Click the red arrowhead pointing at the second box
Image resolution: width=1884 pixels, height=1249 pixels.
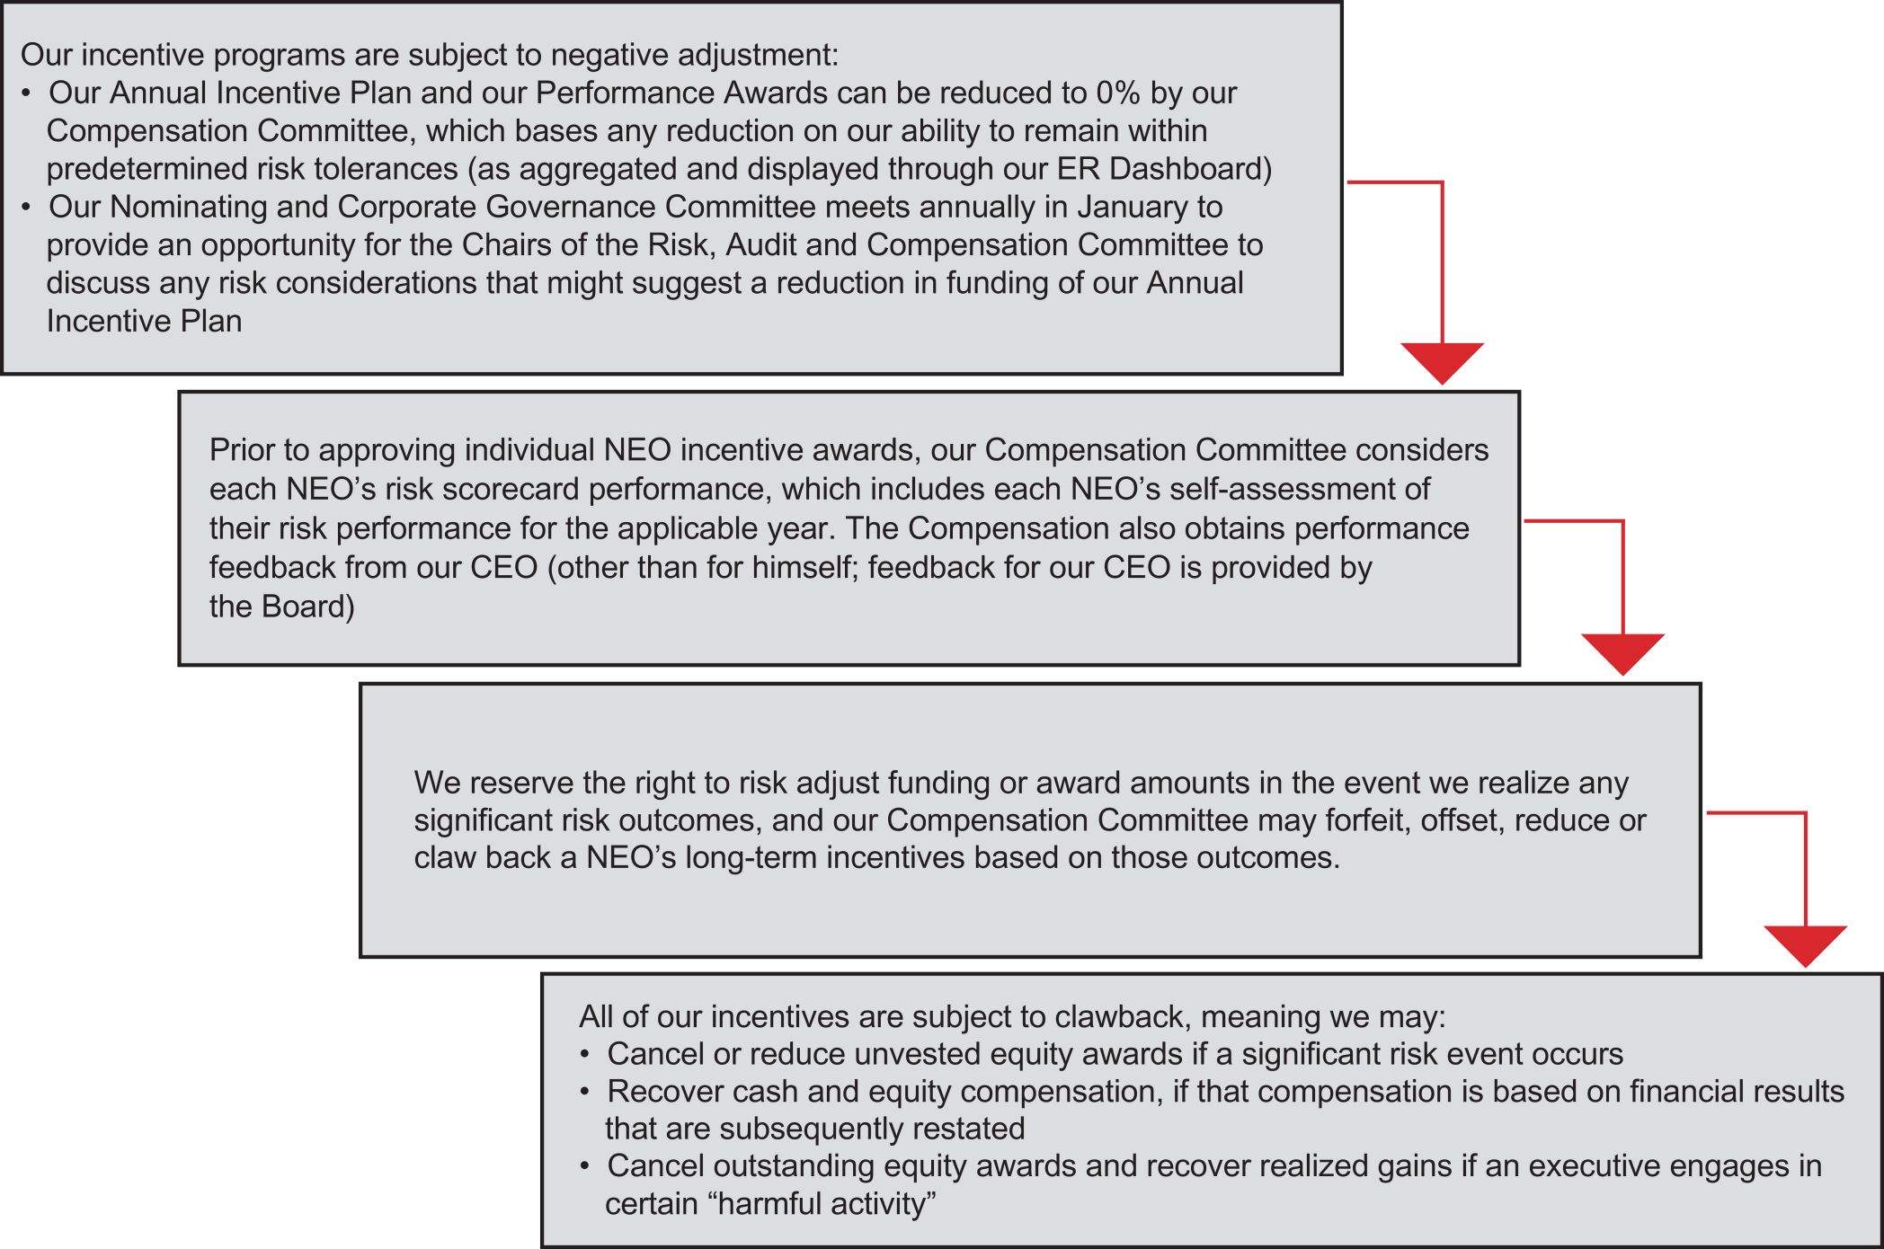(x=1442, y=361)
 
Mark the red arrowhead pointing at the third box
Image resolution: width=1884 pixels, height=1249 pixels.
(x=1622, y=652)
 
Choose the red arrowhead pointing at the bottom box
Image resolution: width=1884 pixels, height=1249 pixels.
(x=1805, y=944)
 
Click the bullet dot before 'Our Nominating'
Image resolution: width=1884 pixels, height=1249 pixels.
(x=28, y=208)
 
